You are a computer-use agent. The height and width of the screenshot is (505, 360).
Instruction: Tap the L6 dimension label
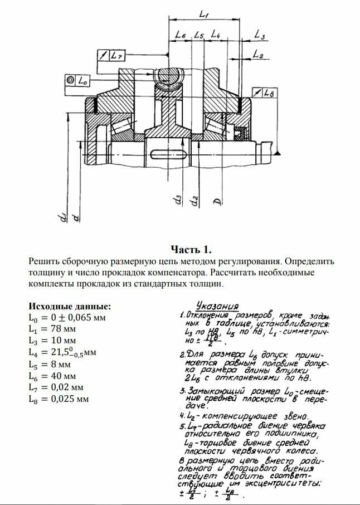point(179,35)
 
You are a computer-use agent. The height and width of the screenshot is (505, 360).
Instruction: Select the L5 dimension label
point(199,35)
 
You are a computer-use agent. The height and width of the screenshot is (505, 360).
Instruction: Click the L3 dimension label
point(259,35)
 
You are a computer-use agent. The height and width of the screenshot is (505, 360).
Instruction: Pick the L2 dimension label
point(257,54)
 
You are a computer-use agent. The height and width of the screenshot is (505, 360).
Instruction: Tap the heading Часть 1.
point(191,248)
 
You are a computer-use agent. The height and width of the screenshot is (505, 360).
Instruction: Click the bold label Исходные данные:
point(70,307)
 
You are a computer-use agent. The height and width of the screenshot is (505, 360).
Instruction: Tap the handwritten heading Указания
point(213,306)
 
